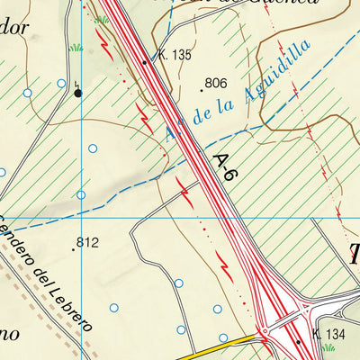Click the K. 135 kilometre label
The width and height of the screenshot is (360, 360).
coord(175,55)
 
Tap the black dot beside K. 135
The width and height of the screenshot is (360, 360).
coord(144,62)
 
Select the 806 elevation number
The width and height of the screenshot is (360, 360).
coord(215,84)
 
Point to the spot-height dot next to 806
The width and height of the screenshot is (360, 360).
coord(201,90)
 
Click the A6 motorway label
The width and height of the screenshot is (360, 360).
coord(224,168)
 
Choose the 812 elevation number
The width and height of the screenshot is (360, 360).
coord(86,242)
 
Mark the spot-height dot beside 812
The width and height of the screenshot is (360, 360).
coord(73,248)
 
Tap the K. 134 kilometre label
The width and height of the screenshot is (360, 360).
coord(330,334)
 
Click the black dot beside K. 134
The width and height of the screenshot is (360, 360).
coord(299,342)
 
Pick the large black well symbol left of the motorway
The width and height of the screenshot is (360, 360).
coord(77,92)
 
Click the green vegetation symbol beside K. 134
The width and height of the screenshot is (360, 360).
coord(328,346)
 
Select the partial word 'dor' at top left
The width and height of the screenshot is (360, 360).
coord(15,26)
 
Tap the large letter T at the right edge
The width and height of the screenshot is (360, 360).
coord(354,255)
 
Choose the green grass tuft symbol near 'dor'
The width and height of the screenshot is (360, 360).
coord(77,46)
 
